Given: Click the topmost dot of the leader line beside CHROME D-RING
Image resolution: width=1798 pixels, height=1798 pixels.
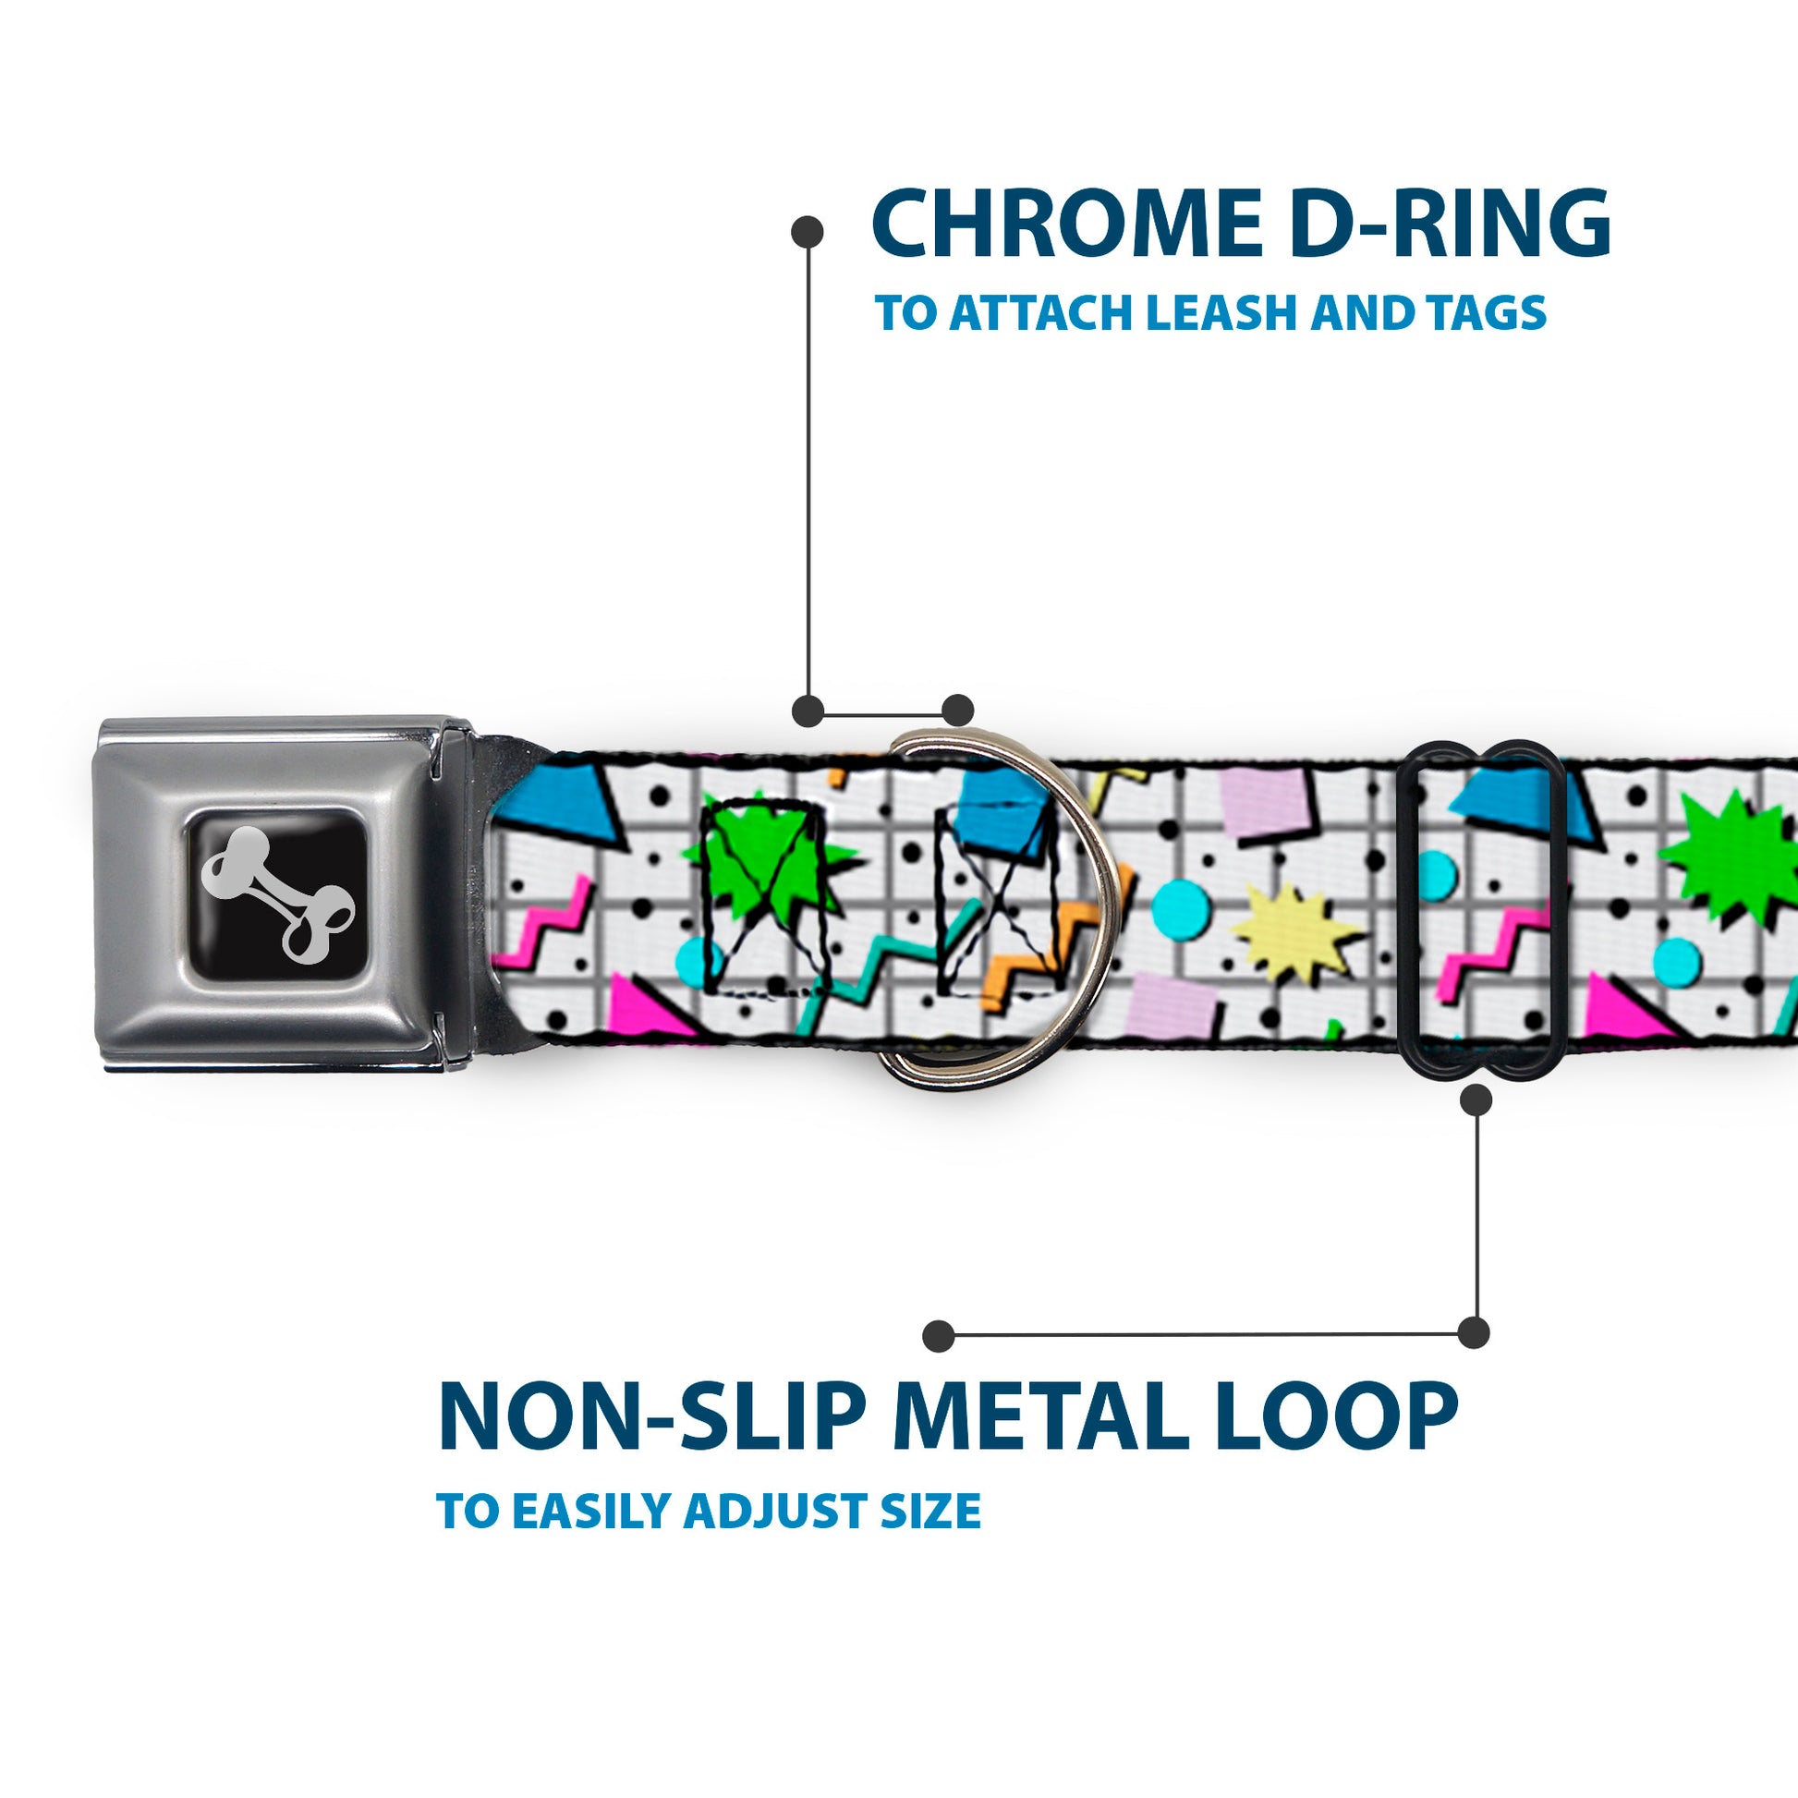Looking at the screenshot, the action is click(807, 232).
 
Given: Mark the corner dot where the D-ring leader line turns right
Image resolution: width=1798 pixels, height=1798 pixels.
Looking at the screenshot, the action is click(808, 711).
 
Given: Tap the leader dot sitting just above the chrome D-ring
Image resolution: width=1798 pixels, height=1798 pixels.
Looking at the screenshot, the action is click(957, 711).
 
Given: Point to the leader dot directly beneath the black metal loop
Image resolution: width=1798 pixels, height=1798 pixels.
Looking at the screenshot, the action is click(1476, 1101).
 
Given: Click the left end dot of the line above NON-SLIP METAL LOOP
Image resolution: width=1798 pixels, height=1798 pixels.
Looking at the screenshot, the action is click(939, 1336).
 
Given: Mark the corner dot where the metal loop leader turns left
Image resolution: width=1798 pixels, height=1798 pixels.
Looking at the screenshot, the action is click(1473, 1332).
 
